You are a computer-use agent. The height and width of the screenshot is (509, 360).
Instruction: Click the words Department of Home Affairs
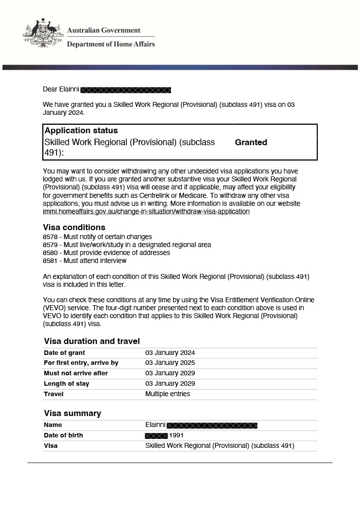[x=111, y=44]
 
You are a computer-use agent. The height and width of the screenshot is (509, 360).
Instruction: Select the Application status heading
[x=81, y=131]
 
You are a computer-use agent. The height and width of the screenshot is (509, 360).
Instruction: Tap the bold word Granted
[x=251, y=142]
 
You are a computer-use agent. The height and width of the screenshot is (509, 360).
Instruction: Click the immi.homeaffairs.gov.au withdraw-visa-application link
[x=146, y=211]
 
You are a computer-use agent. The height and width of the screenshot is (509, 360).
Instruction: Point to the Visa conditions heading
[x=74, y=228]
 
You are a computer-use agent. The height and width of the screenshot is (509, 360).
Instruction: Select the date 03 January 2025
[x=170, y=363]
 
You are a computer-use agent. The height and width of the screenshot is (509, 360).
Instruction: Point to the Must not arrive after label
[x=76, y=373]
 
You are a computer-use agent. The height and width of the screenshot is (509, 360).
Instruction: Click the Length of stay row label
[x=67, y=384]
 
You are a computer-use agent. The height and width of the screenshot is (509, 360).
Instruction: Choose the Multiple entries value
[x=168, y=394]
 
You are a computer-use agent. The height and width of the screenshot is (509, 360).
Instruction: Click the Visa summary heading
[x=72, y=413]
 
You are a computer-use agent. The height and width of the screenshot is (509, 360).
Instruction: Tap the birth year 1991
[x=177, y=435]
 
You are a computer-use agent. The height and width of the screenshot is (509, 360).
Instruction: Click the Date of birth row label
[x=63, y=435]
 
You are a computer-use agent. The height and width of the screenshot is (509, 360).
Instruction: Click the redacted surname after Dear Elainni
[x=126, y=90]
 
